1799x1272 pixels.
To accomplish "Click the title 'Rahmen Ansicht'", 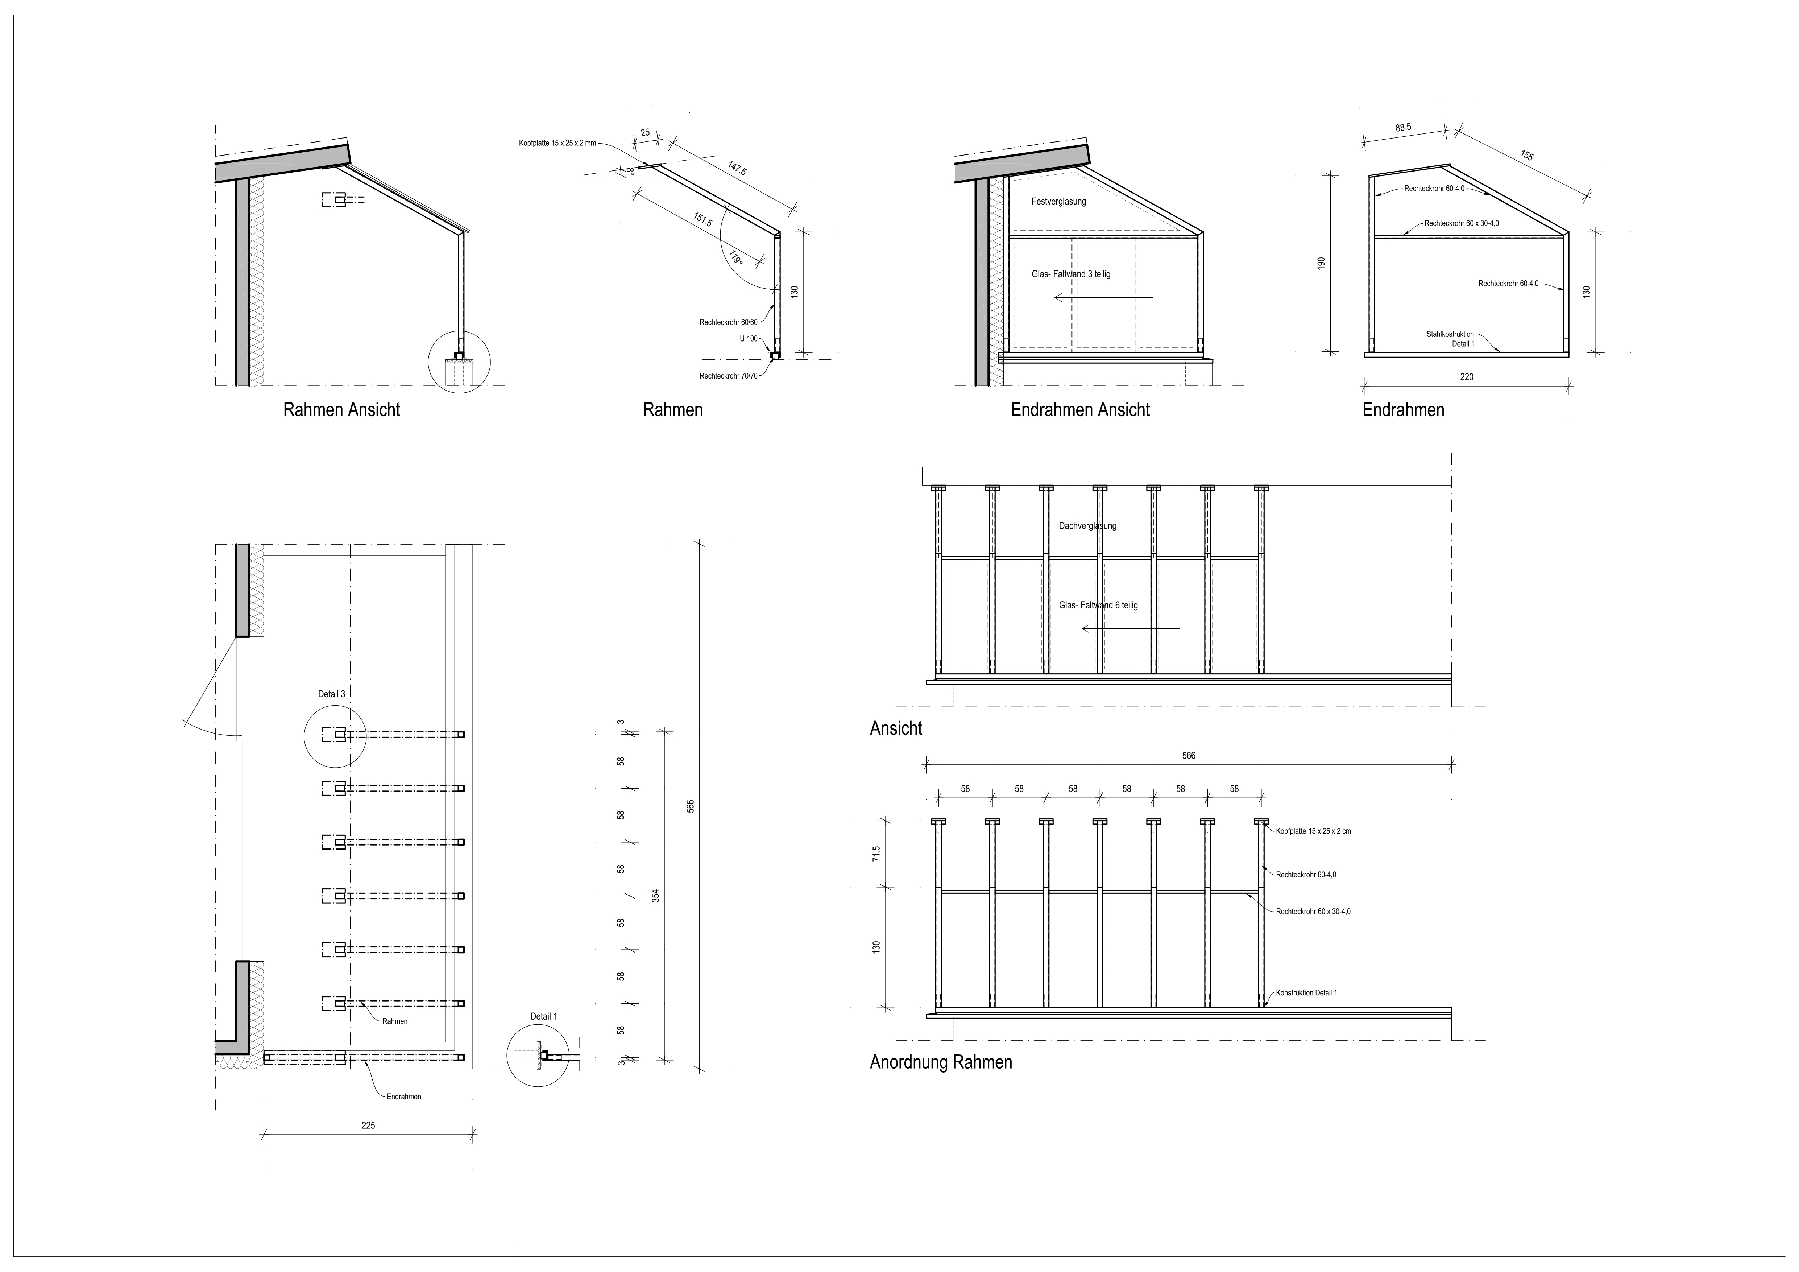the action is click(x=341, y=410).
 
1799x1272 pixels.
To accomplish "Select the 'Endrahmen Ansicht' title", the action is click(x=1081, y=410).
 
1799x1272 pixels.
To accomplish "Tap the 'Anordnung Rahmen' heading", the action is click(x=941, y=1063).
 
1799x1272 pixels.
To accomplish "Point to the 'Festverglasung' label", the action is click(x=1058, y=201).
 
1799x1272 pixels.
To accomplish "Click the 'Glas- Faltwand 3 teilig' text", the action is click(x=1071, y=274).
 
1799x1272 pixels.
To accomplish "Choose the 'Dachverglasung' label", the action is click(x=1087, y=526).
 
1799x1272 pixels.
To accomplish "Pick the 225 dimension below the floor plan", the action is click(x=368, y=1126).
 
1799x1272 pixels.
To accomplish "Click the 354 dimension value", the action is click(x=656, y=895).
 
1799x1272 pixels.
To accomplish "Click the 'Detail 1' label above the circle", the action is click(x=544, y=1016).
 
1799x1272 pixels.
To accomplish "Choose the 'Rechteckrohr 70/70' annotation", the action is click(x=729, y=376).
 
